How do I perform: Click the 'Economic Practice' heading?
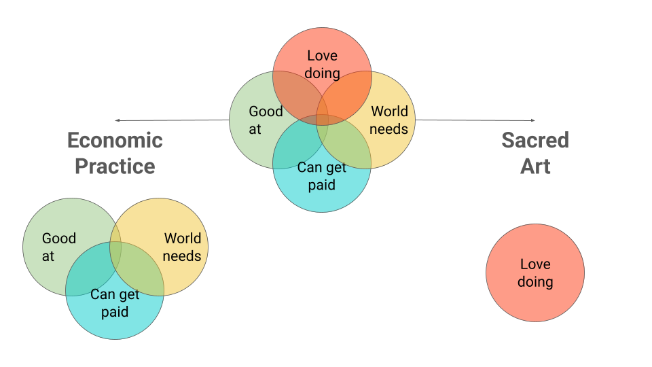115,153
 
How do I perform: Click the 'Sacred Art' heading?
535,153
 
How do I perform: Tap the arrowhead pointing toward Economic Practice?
117,120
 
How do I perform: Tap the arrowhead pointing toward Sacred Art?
532,120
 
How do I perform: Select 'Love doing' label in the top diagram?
322,63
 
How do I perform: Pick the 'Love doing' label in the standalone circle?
535,273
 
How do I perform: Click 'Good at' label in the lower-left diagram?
58,247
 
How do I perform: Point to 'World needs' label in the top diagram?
389,120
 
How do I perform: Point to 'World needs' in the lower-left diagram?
182,247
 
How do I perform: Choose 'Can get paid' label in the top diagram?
322,176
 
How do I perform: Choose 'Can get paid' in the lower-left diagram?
115,303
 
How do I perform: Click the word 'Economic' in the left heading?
115,141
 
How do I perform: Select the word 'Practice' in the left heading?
115,166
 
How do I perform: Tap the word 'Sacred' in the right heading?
535,141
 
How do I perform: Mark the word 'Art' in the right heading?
535,166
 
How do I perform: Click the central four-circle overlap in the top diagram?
322,120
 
